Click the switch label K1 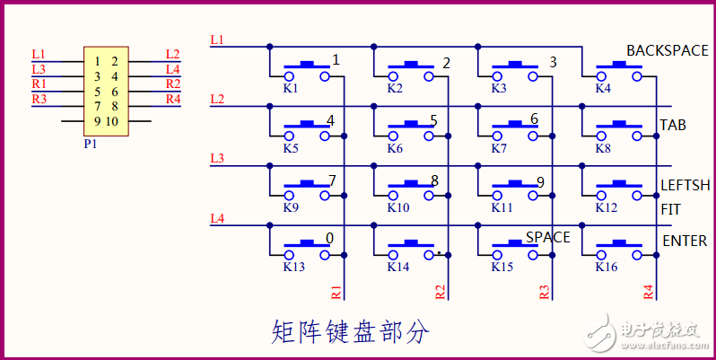291,89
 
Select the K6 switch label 395,149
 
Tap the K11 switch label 501,207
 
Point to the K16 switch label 607,267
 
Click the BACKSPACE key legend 667,50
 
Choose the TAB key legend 673,125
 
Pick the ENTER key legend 685,241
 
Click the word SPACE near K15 547,237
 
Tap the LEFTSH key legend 685,186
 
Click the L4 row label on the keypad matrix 216,218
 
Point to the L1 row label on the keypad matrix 216,40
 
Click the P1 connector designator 91,143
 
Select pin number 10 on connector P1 112,121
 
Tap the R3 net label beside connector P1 39,99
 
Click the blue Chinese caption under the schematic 350,332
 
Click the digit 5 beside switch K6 433,120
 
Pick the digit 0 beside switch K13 329,238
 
